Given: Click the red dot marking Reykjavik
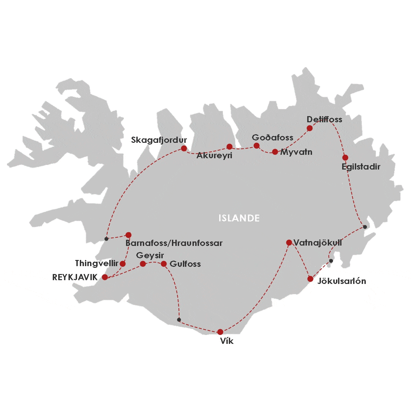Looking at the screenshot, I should [105, 277].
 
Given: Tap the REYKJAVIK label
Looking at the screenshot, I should [75, 277].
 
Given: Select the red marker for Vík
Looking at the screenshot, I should [220, 332].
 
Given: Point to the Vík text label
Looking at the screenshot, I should [227, 341].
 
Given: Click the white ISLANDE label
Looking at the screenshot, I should [239, 218].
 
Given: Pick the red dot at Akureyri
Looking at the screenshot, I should [229, 147].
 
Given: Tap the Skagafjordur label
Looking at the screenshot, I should [159, 140].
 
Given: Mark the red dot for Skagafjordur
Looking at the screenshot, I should [184, 148].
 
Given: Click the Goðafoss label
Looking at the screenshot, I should [273, 138].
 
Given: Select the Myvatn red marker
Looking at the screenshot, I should [275, 152].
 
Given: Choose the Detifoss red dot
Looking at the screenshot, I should [310, 128].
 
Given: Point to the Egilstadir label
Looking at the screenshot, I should [361, 167].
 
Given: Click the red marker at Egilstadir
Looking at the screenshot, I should [345, 158].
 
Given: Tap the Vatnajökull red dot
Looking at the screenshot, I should [289, 242].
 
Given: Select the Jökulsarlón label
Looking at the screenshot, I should [342, 281].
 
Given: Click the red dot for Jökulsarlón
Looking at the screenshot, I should [310, 279].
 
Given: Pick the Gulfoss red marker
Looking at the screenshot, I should [164, 264].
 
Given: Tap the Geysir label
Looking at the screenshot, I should [150, 256].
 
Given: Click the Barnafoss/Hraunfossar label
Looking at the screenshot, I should [174, 243].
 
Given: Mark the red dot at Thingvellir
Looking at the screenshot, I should [123, 264].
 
